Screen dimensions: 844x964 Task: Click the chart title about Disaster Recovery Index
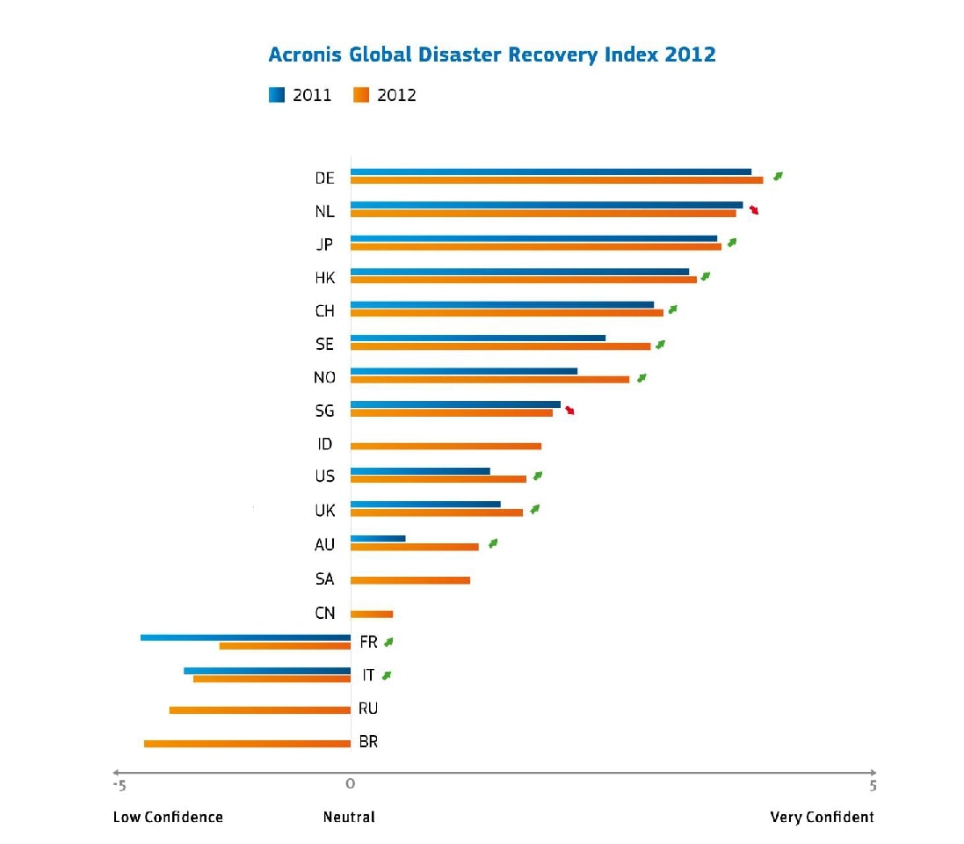tap(492, 55)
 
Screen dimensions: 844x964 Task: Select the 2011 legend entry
tap(301, 95)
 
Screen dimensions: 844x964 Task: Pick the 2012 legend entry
tap(385, 95)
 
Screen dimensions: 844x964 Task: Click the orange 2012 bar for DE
tap(556, 180)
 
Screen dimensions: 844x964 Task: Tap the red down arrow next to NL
tap(754, 210)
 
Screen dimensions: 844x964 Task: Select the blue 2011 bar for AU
tap(378, 538)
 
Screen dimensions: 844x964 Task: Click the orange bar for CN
tap(372, 614)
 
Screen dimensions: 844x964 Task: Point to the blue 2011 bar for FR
tap(245, 637)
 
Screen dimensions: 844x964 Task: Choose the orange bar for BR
tap(247, 744)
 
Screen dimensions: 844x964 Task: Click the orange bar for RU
tap(260, 709)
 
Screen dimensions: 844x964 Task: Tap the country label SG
tap(324, 411)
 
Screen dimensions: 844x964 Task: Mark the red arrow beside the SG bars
tap(570, 410)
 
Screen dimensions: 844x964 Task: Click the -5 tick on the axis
tap(120, 784)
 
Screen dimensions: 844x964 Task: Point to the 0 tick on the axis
tap(350, 784)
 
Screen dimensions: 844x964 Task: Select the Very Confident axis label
tap(822, 817)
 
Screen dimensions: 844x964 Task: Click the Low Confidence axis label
tap(168, 817)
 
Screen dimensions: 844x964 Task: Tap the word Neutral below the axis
tap(349, 817)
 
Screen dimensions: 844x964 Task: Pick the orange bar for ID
tap(446, 446)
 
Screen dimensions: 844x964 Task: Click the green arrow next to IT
tap(387, 675)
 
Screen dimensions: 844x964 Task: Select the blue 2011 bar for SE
tap(478, 338)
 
